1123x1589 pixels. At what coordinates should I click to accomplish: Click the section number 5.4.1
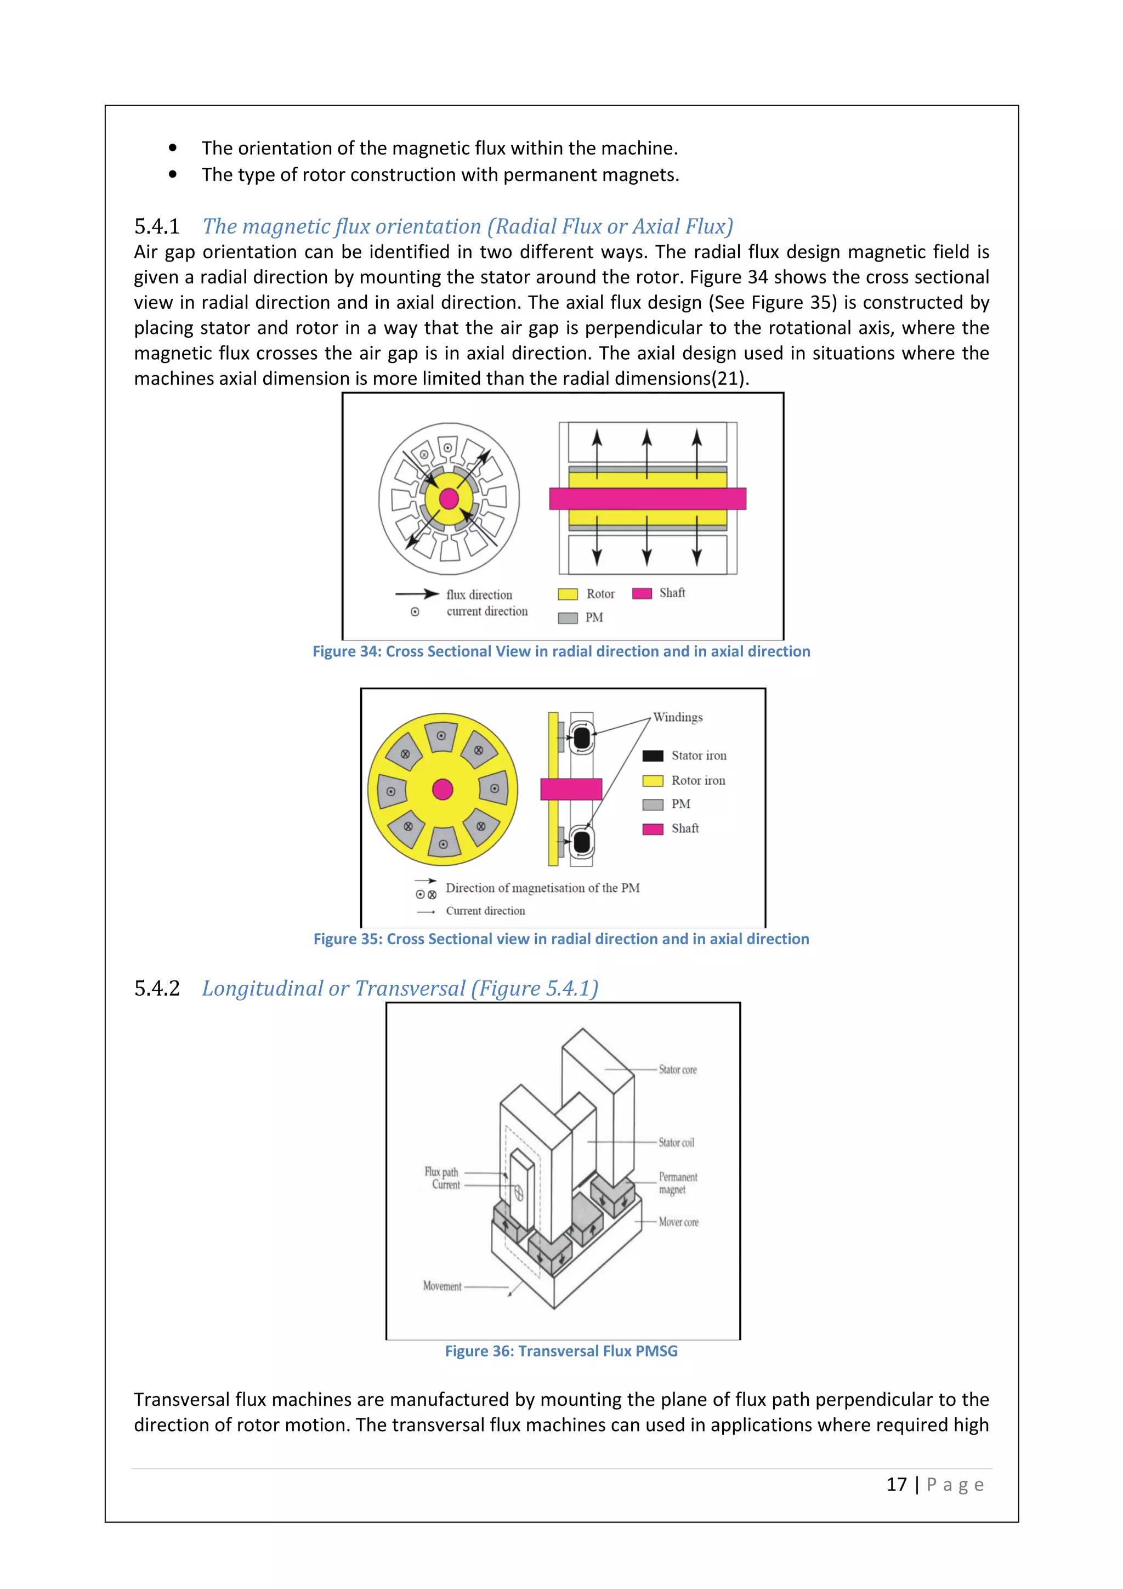click(x=156, y=226)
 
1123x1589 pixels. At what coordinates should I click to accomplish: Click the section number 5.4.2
click(x=156, y=988)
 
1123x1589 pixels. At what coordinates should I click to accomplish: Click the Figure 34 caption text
click(x=561, y=651)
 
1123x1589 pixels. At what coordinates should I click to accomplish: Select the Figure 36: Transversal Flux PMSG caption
click(x=561, y=1351)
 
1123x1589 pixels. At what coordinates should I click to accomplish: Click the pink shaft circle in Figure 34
click(x=449, y=498)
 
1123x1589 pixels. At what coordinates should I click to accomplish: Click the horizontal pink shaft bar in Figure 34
click(x=648, y=498)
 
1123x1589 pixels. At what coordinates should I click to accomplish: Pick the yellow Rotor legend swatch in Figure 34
click(x=568, y=594)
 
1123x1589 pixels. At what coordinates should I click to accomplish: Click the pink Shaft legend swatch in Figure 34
click(x=642, y=593)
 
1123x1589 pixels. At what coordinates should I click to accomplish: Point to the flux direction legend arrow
click(x=417, y=594)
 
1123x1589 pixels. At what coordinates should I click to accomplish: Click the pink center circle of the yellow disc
click(x=442, y=789)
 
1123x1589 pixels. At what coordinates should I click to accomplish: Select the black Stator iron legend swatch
click(x=653, y=756)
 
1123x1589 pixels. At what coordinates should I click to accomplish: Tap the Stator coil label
click(x=676, y=1143)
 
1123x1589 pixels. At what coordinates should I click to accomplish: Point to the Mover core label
click(x=678, y=1222)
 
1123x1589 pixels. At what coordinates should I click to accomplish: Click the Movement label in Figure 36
click(x=442, y=1286)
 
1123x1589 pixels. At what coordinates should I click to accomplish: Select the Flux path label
click(x=441, y=1172)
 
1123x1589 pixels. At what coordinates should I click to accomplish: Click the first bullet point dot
click(x=173, y=148)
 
